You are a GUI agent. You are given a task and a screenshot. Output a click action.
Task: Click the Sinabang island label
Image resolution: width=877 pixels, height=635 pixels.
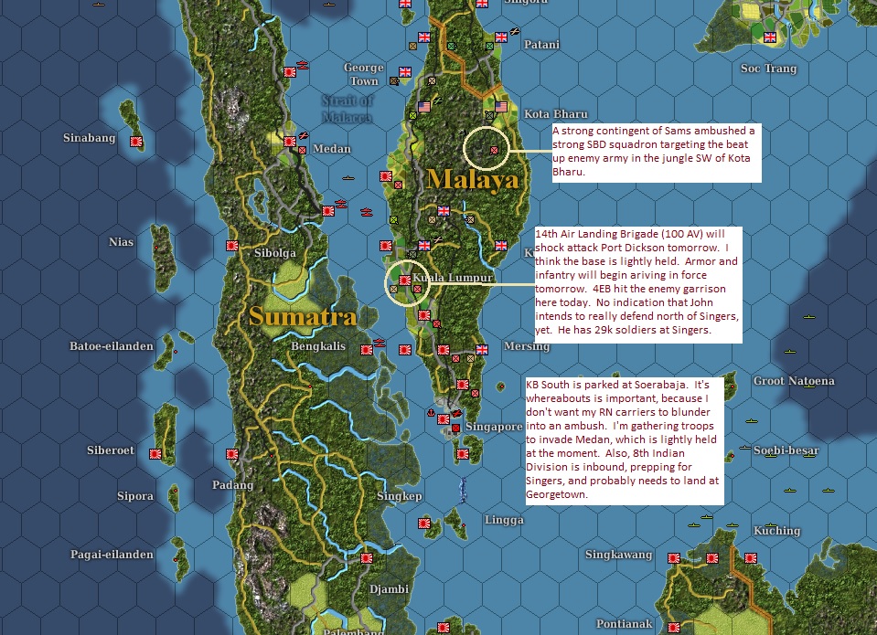[x=89, y=138]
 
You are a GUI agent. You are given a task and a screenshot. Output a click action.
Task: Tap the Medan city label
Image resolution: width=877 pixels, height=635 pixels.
[x=331, y=149]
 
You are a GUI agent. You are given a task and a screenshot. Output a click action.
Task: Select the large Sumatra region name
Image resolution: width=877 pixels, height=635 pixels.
[x=301, y=317]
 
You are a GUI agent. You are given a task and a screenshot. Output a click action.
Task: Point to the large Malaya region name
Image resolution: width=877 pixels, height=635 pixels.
[x=472, y=178]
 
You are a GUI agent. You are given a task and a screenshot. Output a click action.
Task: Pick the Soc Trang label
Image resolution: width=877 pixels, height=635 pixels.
[x=768, y=69]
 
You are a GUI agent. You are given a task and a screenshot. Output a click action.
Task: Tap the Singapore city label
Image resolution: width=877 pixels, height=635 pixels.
[x=494, y=427]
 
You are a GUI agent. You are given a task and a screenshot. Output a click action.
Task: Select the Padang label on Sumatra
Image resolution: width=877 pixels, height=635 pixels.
[x=232, y=485]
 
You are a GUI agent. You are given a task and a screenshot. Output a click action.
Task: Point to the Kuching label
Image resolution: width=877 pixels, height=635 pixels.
[x=776, y=531]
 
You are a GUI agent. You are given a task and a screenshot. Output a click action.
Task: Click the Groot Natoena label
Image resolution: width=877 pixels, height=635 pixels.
[x=794, y=381]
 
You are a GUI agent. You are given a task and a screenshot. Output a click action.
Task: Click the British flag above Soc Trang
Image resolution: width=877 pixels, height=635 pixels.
[x=769, y=37]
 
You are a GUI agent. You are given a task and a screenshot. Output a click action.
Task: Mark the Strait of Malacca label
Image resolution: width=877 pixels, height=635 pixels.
[x=347, y=108]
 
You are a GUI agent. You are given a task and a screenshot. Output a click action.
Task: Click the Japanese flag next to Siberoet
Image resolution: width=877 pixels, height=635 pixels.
[x=155, y=452]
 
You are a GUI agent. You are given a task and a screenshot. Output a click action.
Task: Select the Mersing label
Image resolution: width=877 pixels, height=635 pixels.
[x=527, y=347]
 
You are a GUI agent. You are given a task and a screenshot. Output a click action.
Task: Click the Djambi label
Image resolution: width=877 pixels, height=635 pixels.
[x=389, y=589]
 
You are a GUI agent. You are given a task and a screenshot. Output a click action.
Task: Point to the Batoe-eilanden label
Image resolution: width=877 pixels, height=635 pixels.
[x=113, y=346]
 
